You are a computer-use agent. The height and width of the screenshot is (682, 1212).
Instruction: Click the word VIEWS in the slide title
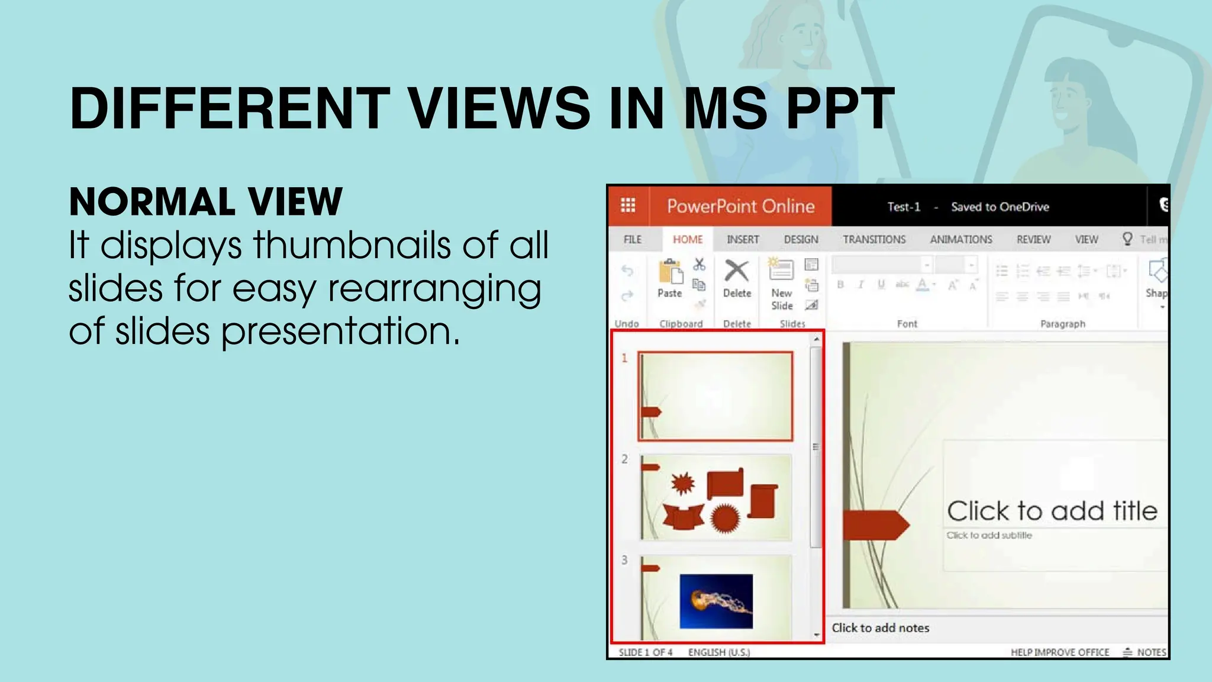click(x=499, y=109)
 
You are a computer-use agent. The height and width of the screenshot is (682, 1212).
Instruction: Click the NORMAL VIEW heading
click(x=205, y=202)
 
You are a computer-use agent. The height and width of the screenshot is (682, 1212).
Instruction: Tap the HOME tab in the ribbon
click(x=688, y=239)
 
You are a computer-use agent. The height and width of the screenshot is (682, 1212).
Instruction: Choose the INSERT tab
click(x=743, y=239)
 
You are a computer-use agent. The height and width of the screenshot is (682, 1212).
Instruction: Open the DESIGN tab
click(x=801, y=239)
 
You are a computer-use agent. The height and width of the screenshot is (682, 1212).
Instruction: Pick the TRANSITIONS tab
click(x=874, y=239)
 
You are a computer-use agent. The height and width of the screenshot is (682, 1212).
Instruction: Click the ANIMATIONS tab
click(x=960, y=239)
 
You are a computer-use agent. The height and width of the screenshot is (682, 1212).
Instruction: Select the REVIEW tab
click(x=1033, y=239)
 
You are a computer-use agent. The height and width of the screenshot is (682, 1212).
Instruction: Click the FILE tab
click(x=632, y=239)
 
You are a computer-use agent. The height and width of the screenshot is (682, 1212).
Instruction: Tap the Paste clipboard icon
click(x=670, y=273)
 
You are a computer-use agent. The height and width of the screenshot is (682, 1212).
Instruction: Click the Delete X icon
click(x=737, y=271)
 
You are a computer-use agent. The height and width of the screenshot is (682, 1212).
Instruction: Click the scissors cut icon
click(x=700, y=264)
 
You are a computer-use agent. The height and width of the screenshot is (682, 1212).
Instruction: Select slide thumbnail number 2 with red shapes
click(x=716, y=497)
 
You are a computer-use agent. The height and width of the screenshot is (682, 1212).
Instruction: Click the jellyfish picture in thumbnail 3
click(x=716, y=601)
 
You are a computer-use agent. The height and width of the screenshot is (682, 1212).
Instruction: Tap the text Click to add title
click(x=1052, y=511)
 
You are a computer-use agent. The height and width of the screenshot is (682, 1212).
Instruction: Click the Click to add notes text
click(x=880, y=628)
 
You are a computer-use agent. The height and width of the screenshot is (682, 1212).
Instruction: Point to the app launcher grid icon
click(x=628, y=205)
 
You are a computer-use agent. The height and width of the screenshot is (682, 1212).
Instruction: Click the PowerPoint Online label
click(x=741, y=206)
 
